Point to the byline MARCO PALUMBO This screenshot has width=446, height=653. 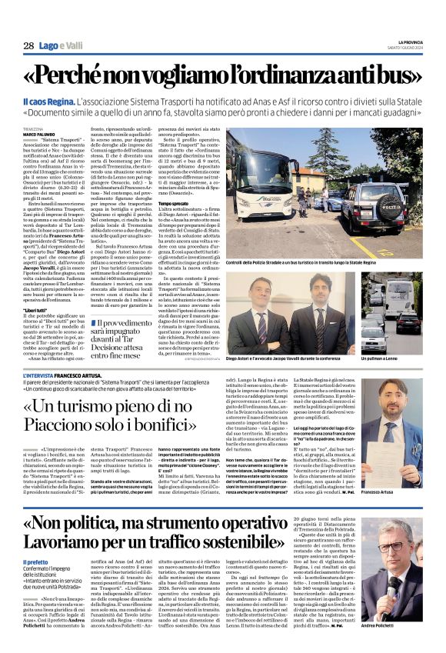[40, 134]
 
